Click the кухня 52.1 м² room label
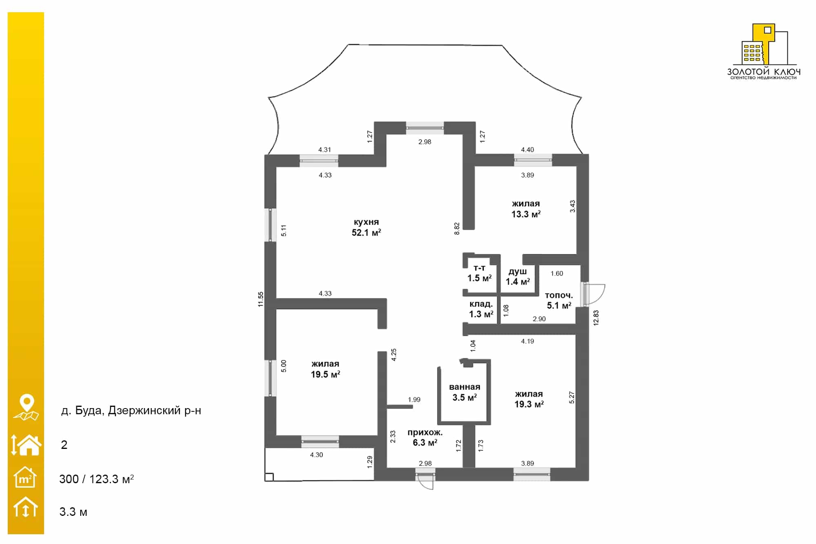coord(366,227)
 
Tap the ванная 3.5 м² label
coord(465,392)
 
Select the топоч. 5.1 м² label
coord(559,300)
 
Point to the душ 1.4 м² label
coord(518,277)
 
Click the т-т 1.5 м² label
coord(479,273)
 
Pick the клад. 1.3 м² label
coord(481,309)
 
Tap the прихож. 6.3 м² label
coord(425,437)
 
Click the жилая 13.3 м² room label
coord(526,209)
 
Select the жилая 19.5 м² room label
coord(325,369)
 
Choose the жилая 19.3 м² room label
coord(529,399)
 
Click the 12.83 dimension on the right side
coord(596,318)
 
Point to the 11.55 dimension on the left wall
coord(261,299)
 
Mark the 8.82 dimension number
coord(457,229)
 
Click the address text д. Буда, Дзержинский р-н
coord(131,411)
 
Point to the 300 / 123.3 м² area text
coord(97,479)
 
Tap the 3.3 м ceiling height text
coord(73,512)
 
